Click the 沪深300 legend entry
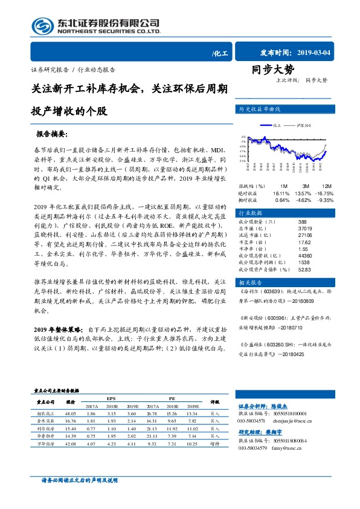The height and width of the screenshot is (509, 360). pyautogui.click(x=303, y=126)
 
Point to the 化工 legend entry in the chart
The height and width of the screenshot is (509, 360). pyautogui.click(x=278, y=126)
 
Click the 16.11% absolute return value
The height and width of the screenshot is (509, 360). pyautogui.click(x=281, y=193)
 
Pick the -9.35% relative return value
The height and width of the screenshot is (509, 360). pyautogui.click(x=326, y=199)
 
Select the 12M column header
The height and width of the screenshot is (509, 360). pyautogui.click(x=327, y=186)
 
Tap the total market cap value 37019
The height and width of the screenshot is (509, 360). pyautogui.click(x=305, y=229)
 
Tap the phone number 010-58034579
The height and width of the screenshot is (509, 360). pyautogui.click(x=251, y=448)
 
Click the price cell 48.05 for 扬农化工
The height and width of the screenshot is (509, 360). pyautogui.click(x=71, y=413)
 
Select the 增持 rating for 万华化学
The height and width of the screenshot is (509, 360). pyautogui.click(x=214, y=443)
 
